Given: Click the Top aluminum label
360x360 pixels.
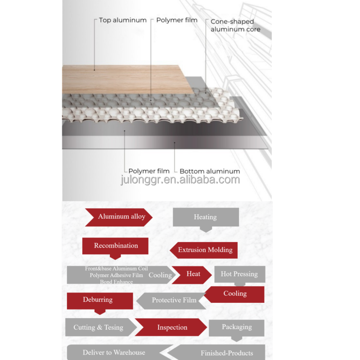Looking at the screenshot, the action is click(122, 20).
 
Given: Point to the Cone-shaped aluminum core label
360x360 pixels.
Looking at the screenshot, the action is click(235, 25).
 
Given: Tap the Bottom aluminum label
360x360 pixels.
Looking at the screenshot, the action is click(210, 171).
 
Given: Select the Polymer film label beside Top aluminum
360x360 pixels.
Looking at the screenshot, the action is click(176, 20).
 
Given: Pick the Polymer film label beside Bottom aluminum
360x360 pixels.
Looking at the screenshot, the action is click(149, 171).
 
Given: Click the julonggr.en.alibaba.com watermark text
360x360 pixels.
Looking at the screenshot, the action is click(180, 180).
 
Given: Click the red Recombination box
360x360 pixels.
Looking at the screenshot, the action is click(115, 246).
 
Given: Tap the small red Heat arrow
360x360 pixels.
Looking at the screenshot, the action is click(192, 274).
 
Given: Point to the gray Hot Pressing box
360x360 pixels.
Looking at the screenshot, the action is click(239, 274).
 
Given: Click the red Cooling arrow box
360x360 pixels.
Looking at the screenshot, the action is click(234, 294).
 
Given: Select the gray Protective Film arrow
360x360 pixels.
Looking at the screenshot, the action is click(172, 301).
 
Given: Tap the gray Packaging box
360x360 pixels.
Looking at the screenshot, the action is click(237, 327).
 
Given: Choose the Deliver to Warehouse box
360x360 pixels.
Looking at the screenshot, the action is click(115, 353).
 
